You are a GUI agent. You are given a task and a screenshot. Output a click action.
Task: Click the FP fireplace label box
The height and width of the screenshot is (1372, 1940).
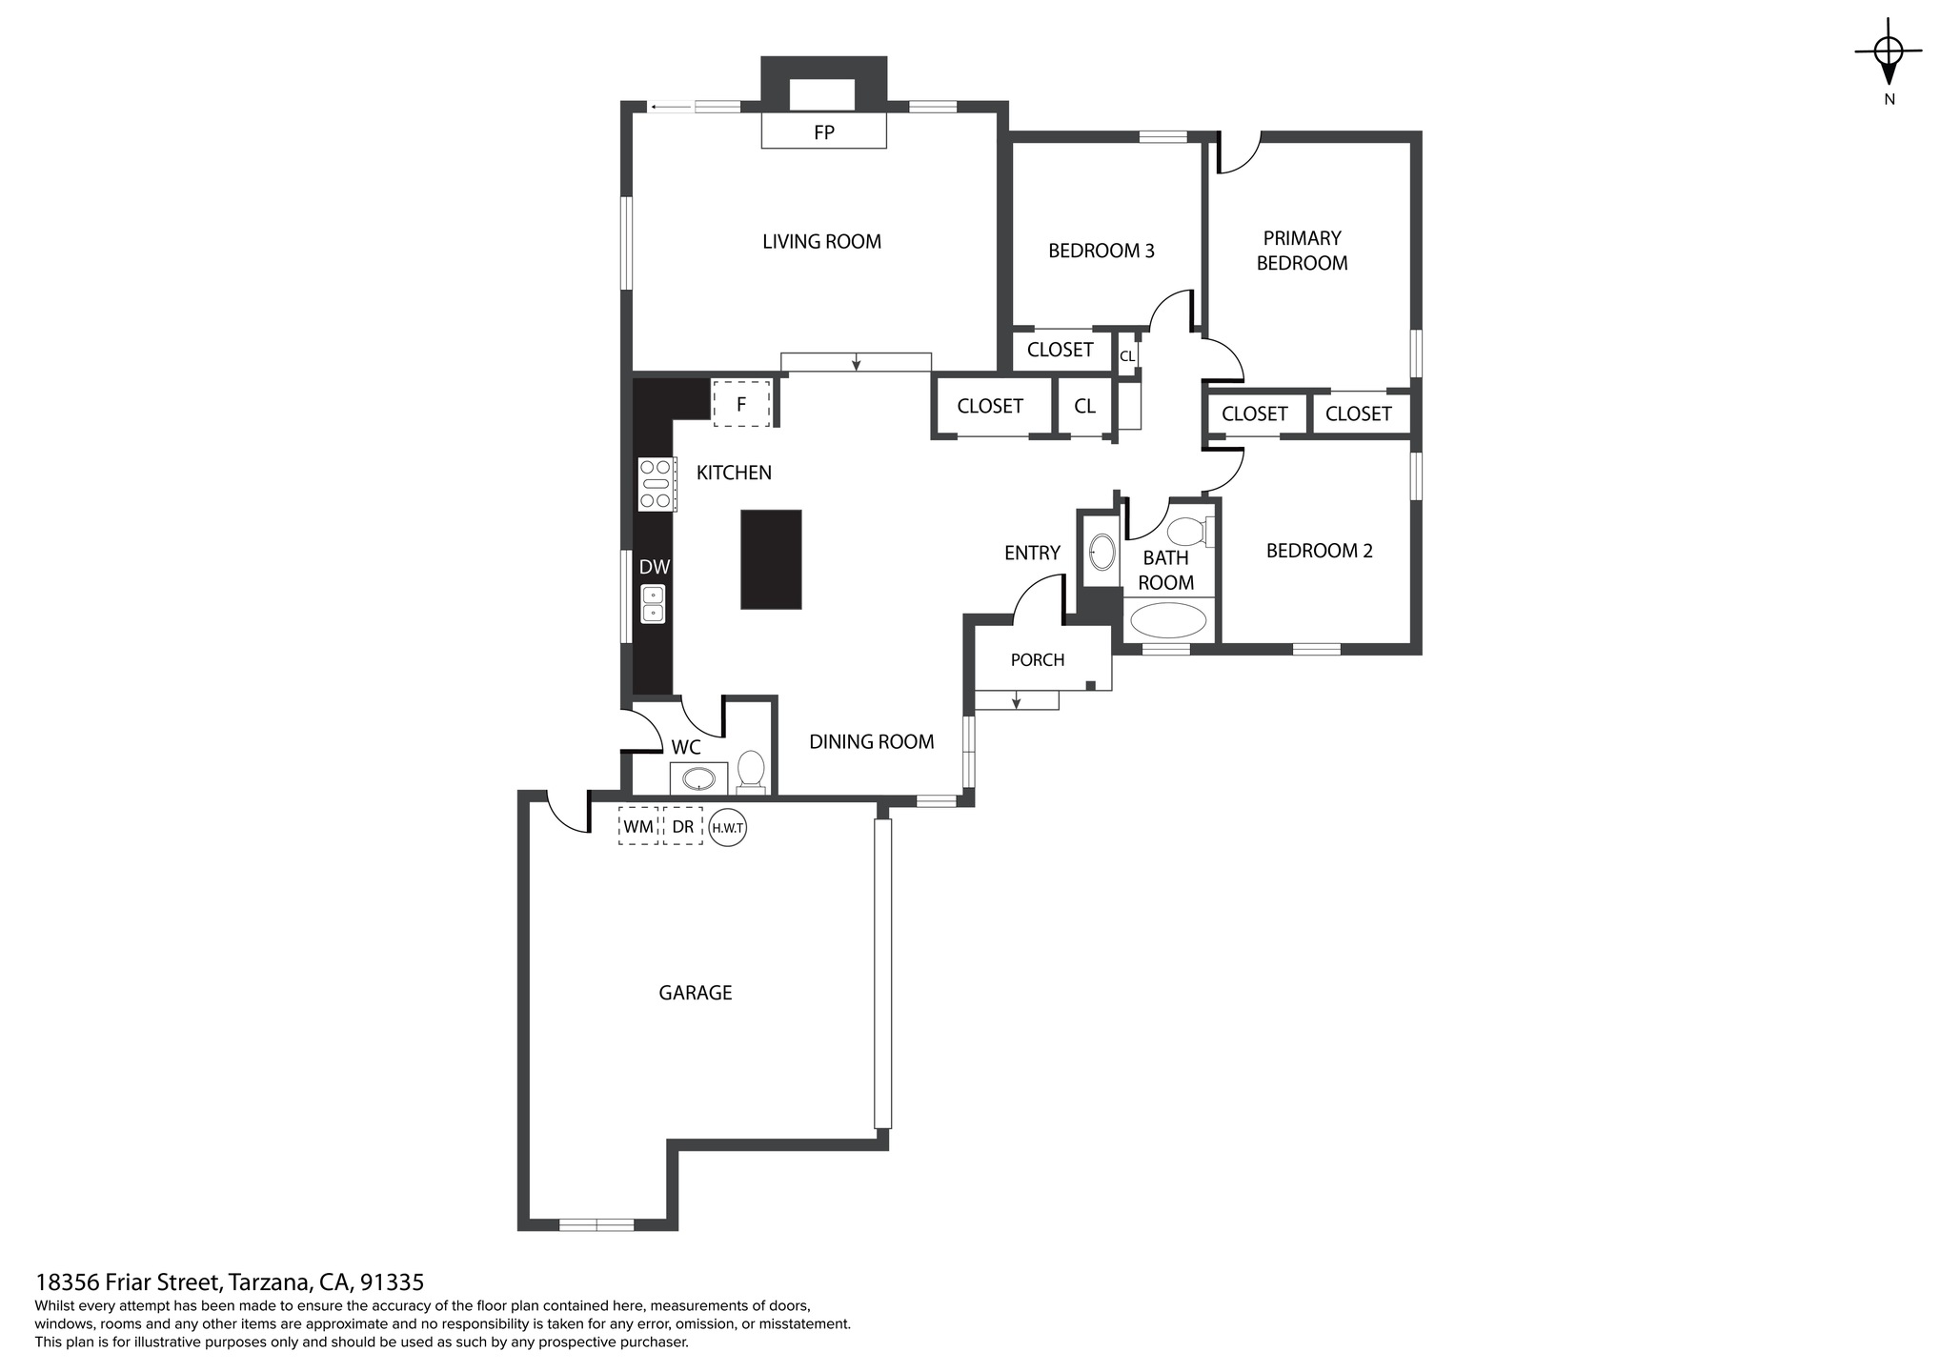[x=823, y=131]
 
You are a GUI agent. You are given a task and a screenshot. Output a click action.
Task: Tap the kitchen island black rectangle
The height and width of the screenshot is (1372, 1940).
[x=771, y=559]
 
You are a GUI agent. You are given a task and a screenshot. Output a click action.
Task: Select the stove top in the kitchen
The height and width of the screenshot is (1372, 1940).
[x=657, y=484]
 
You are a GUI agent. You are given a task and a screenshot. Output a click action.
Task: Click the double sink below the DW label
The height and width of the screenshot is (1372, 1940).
[x=653, y=604]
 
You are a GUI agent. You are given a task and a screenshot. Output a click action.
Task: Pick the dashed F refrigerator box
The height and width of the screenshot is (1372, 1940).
[x=740, y=403]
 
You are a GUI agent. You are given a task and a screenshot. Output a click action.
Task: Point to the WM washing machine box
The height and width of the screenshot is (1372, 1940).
[x=638, y=826]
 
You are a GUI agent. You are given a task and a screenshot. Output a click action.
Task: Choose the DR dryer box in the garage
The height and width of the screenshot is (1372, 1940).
[x=682, y=826]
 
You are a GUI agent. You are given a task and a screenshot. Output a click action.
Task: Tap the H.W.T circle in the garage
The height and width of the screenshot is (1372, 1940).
[x=727, y=828]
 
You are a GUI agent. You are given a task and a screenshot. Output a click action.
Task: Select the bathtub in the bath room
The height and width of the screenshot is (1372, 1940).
[x=1168, y=619]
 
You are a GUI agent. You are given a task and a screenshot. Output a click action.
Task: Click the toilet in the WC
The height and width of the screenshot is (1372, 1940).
[x=751, y=772]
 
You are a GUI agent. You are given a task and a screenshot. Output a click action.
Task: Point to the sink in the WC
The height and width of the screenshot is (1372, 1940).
[x=699, y=777]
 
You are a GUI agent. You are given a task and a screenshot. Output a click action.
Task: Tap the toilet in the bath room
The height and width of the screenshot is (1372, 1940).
[x=1191, y=531]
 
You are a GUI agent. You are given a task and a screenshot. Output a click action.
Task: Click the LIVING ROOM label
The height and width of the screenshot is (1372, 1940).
[x=821, y=242]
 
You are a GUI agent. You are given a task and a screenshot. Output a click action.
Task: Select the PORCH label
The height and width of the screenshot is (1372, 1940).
[x=1038, y=659]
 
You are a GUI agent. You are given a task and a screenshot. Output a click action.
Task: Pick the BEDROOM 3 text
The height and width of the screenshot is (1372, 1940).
[x=1101, y=251]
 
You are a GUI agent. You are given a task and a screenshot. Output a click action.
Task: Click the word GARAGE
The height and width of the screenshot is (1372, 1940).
[x=696, y=993]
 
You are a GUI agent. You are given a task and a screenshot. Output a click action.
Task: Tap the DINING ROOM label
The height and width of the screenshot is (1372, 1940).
[x=872, y=741]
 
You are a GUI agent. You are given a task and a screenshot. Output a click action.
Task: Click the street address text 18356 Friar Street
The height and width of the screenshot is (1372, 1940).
[x=129, y=1281]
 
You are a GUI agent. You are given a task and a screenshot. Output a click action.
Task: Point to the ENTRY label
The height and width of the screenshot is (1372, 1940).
[x=1032, y=553]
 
